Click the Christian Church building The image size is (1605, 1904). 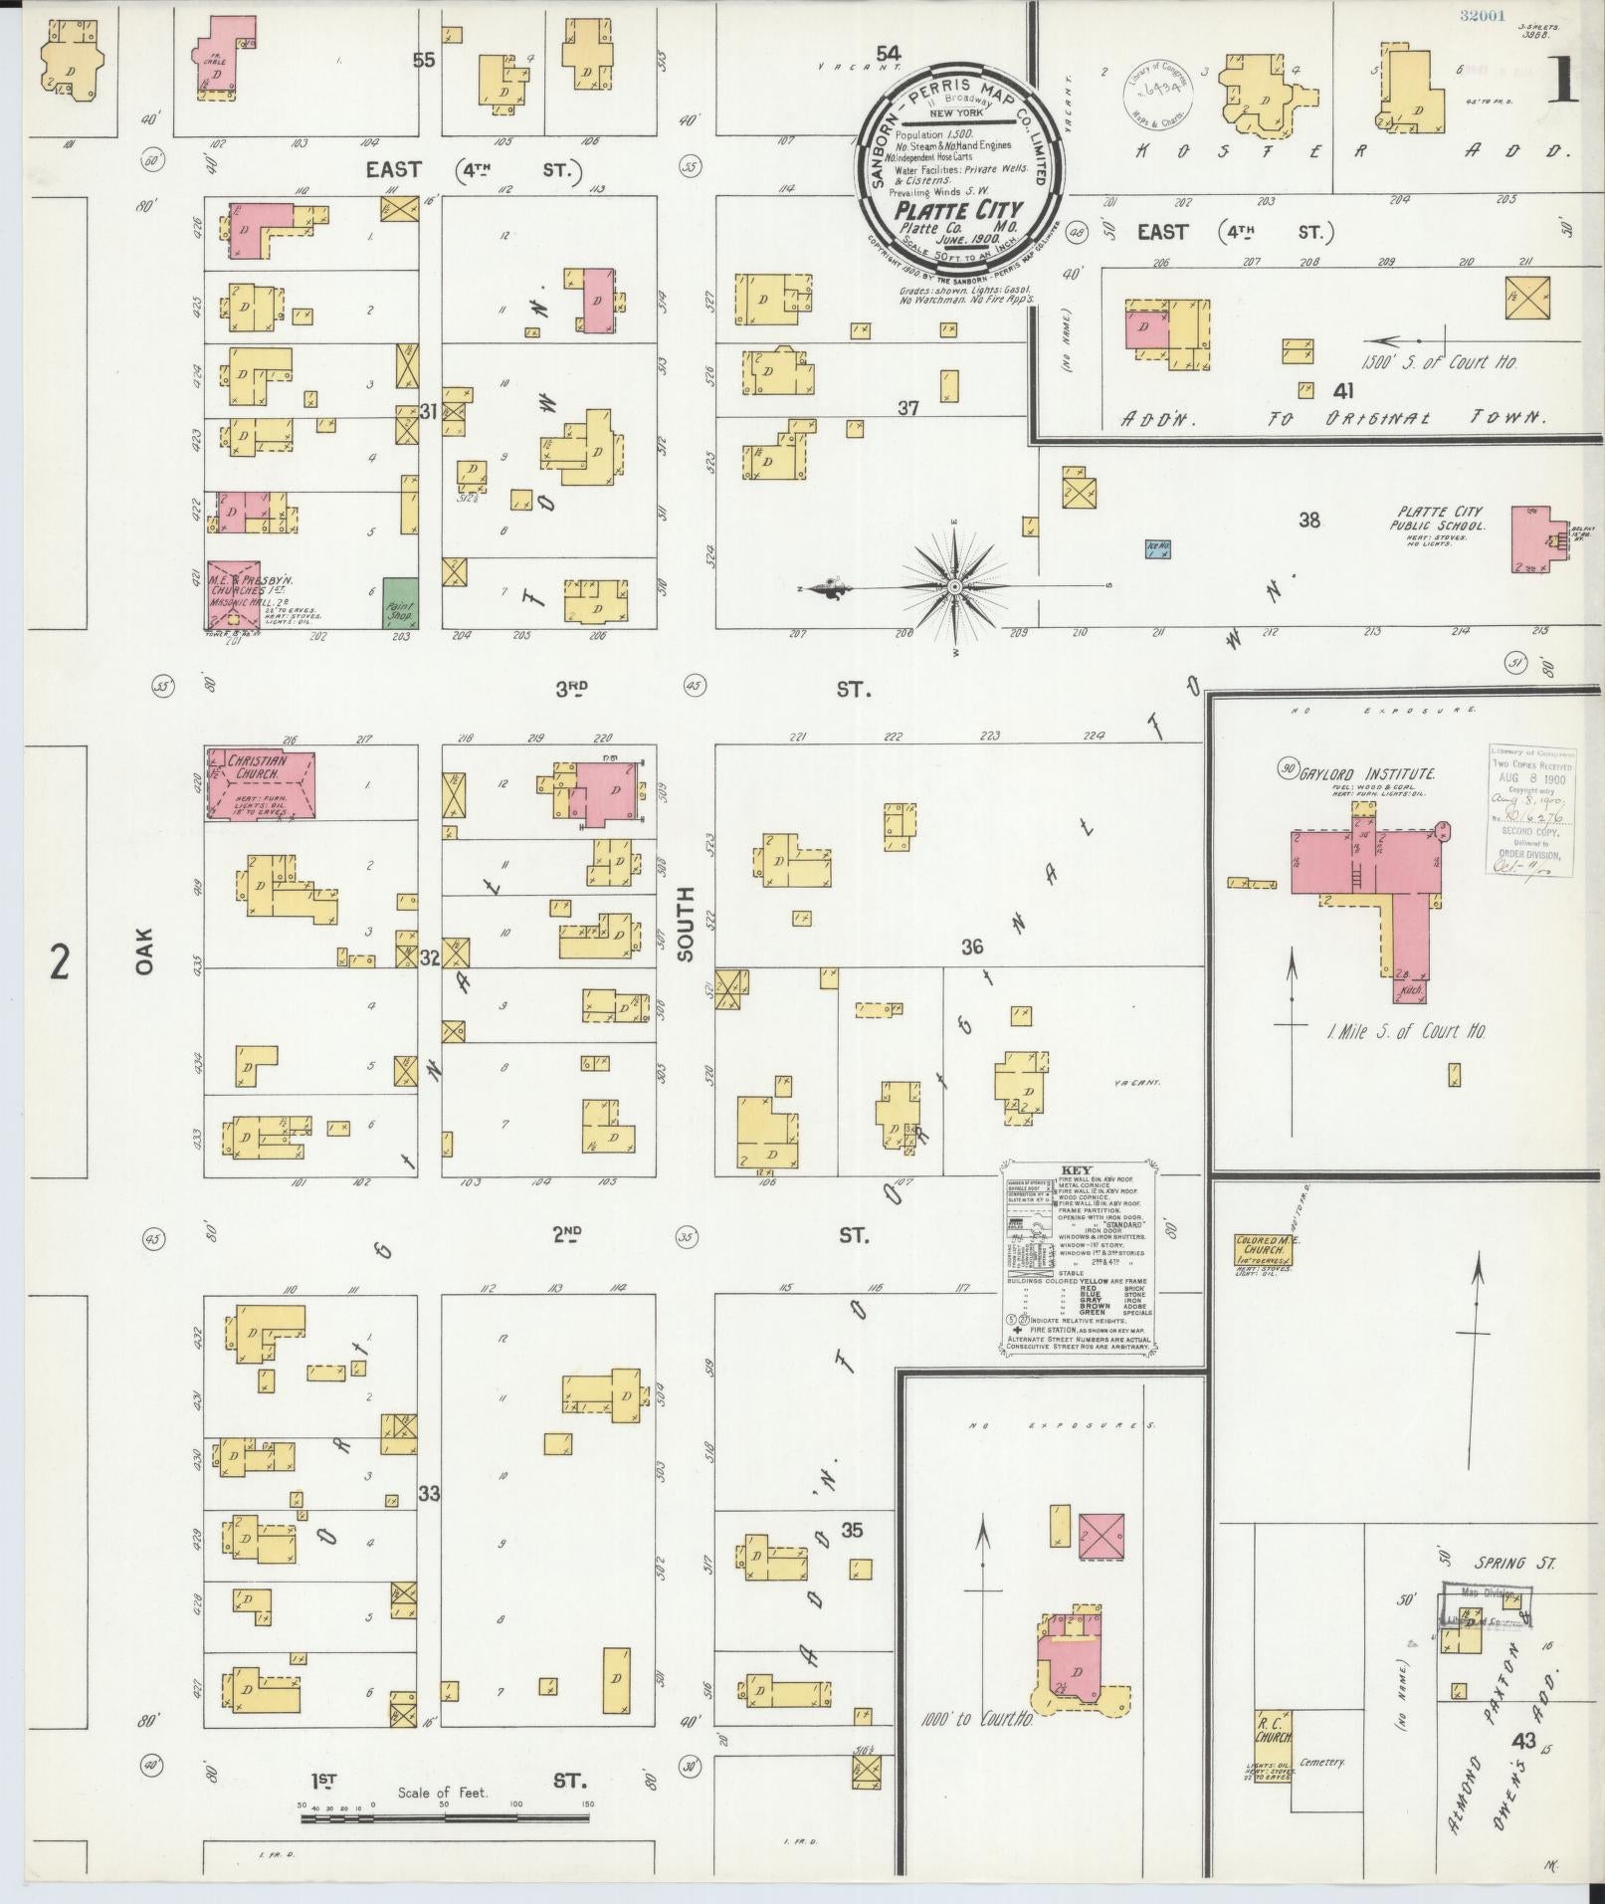point(262,784)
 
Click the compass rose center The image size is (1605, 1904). point(954,587)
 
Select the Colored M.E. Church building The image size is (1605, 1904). point(1263,1249)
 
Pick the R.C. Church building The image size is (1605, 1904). point(1273,1745)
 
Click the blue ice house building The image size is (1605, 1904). point(1157,547)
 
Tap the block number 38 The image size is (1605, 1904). point(1309,519)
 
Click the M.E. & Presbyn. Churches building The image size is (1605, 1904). point(233,595)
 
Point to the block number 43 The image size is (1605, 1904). point(1521,1740)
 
